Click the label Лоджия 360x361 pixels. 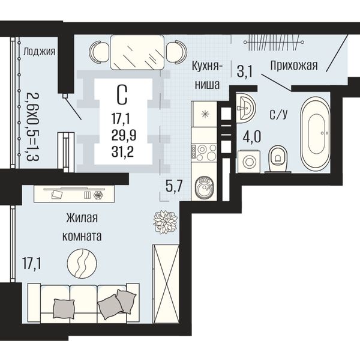[x=40, y=52]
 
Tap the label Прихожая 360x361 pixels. [x=294, y=65]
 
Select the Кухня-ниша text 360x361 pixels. [x=207, y=76]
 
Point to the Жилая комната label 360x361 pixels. [x=82, y=227]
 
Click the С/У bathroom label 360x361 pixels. [x=278, y=114]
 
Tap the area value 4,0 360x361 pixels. [x=252, y=137]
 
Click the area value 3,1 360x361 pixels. [x=245, y=71]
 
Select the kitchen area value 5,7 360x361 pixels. [x=174, y=186]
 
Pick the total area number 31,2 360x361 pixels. [x=122, y=152]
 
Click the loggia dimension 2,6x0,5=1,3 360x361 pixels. [x=32, y=127]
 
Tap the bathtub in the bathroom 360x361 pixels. [x=316, y=134]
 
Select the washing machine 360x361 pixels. [x=249, y=161]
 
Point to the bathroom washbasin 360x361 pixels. [x=246, y=107]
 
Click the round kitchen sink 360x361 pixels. [x=204, y=187]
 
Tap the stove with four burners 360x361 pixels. [x=204, y=153]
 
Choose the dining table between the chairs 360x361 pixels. [x=137, y=52]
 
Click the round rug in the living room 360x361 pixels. [x=82, y=263]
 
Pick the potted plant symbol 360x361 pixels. [x=165, y=222]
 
